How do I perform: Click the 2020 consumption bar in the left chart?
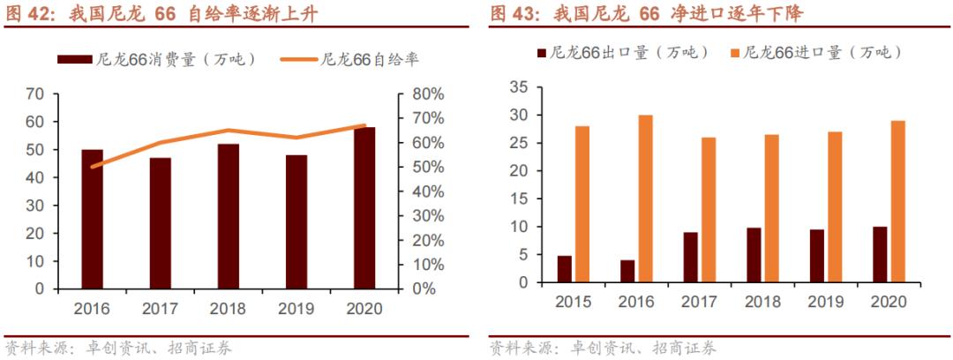364,207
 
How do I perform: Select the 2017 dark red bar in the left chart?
161,222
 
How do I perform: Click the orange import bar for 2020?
897,202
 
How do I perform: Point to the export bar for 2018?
753,255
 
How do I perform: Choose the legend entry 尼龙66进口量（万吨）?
817,52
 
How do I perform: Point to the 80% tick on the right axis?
426,94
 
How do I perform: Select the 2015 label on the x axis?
574,301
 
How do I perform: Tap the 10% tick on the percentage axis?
426,264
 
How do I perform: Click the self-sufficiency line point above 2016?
93,166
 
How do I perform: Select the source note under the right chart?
604,349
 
